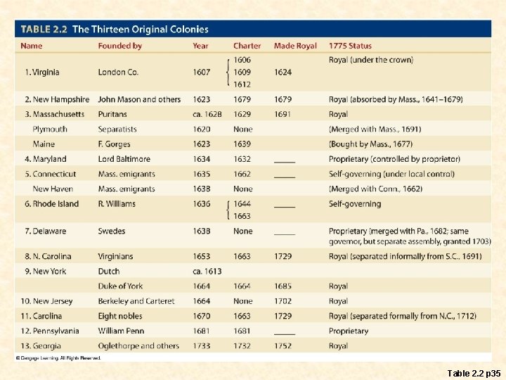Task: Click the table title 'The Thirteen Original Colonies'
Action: pos(141,30)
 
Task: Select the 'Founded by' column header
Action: pos(119,46)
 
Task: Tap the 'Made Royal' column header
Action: pos(295,46)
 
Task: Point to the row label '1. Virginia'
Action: pos(42,72)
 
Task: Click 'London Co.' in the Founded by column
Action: pos(118,72)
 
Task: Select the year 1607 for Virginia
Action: pos(201,72)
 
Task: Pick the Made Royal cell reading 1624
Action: pos(283,72)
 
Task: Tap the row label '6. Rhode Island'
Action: pos(51,204)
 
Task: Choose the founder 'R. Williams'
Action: pos(117,204)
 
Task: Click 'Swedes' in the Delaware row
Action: pos(112,231)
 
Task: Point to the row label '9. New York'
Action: pos(46,271)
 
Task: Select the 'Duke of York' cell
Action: pos(120,286)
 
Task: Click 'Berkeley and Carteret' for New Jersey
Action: pos(136,301)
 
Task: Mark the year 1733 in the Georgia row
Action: pos(201,346)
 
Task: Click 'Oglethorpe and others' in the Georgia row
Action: pos(138,346)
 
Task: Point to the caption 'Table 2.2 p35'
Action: pos(474,371)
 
